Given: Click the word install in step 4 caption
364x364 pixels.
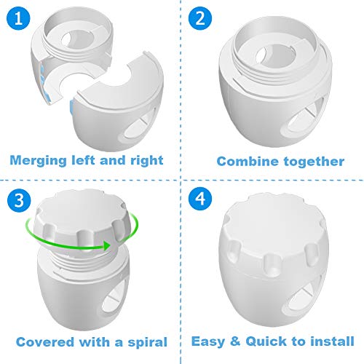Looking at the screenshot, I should pos(332,341).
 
